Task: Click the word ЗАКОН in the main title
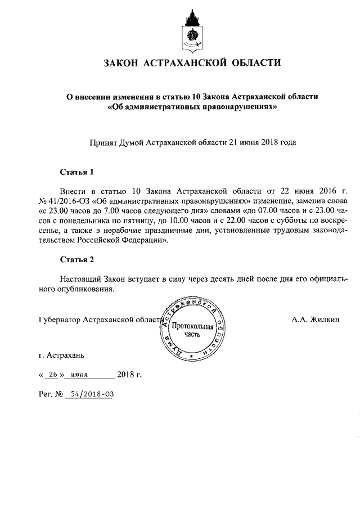[x=124, y=62]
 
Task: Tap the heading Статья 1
[x=76, y=171]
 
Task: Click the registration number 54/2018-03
[x=89, y=394]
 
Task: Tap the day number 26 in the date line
[x=54, y=374]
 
